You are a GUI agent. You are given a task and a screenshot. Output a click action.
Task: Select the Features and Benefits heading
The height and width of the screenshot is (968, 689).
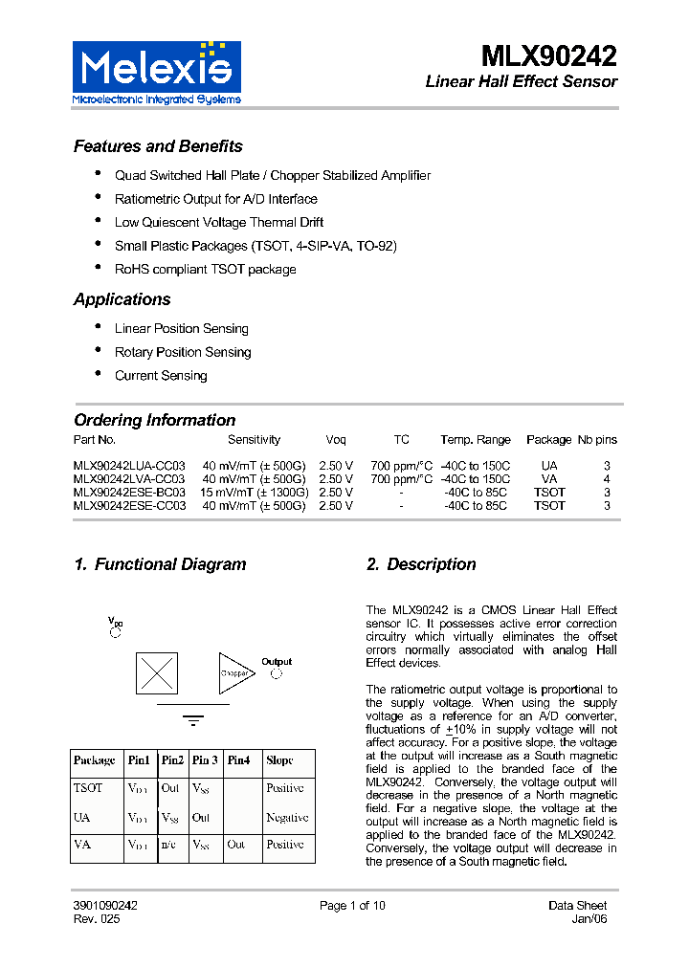pyautogui.click(x=158, y=146)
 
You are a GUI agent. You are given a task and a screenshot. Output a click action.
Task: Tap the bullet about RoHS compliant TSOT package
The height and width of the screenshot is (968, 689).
pyautogui.click(x=205, y=270)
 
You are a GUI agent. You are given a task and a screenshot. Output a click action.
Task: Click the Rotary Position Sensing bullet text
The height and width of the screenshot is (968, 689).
pyautogui.click(x=183, y=352)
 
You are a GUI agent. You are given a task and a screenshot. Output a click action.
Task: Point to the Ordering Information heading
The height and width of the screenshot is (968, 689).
pyautogui.click(x=154, y=420)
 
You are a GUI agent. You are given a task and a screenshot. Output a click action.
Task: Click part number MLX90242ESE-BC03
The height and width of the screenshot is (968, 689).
pyautogui.click(x=129, y=493)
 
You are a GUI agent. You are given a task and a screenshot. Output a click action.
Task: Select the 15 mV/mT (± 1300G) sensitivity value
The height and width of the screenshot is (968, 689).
pyautogui.click(x=254, y=493)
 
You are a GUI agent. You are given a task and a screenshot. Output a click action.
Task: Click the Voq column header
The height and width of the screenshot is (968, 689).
pyautogui.click(x=336, y=440)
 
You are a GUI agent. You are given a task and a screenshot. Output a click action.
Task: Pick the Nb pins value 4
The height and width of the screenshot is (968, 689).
pyautogui.click(x=607, y=479)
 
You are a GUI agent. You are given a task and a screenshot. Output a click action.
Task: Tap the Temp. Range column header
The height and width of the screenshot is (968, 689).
pyautogui.click(x=476, y=440)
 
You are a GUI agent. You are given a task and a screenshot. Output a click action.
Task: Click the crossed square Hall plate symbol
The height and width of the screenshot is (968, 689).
pyautogui.click(x=157, y=672)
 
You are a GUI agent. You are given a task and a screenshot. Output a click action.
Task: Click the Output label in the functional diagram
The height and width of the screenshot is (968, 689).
pyautogui.click(x=277, y=662)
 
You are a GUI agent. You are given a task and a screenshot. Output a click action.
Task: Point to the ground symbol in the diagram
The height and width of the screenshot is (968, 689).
pyautogui.click(x=193, y=719)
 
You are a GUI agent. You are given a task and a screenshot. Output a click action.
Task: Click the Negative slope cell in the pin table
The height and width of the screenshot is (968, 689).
pyautogui.click(x=287, y=818)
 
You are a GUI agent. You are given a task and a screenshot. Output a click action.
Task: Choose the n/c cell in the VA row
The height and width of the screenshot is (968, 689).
pyautogui.click(x=168, y=846)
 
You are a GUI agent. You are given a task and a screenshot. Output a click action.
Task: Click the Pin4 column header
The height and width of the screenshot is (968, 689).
pyautogui.click(x=238, y=760)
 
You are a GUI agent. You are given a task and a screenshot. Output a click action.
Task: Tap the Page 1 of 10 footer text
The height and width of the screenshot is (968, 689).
pyautogui.click(x=352, y=906)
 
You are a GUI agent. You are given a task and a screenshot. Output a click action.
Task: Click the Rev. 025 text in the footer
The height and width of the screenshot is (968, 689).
pyautogui.click(x=97, y=919)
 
